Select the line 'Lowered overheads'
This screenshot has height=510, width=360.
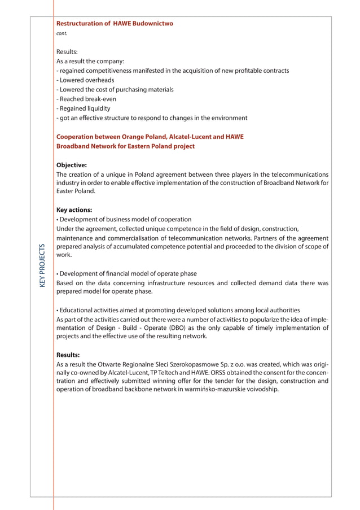tap(86, 80)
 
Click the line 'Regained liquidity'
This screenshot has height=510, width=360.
tap(85, 108)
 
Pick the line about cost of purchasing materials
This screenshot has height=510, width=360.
tap(116, 90)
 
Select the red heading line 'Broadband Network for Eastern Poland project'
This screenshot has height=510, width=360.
tap(125, 146)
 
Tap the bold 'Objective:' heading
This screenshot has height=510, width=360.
tap(72, 165)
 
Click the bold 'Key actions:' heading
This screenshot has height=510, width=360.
tap(74, 210)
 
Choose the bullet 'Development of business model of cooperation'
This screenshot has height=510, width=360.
tap(124, 219)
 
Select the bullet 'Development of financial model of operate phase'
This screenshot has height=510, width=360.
tap(126, 273)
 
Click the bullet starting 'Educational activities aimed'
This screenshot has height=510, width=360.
tap(178, 310)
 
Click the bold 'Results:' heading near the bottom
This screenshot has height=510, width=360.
tap(68, 355)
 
